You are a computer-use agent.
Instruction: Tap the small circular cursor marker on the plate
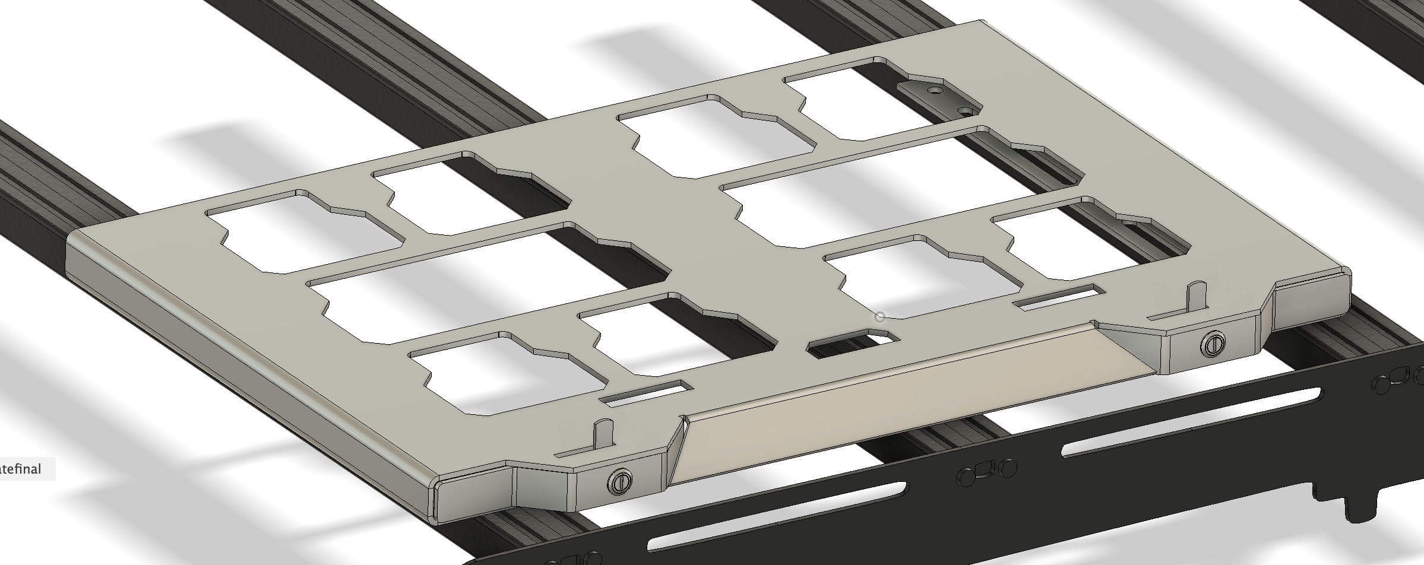(x=879, y=317)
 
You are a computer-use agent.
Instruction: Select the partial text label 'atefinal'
(x=21, y=469)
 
